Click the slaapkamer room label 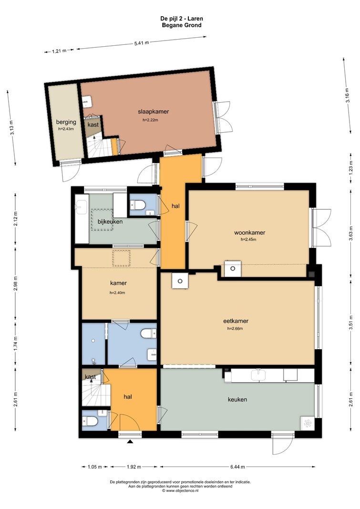[154, 112]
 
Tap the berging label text [66, 122]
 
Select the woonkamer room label [250, 232]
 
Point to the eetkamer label [236, 321]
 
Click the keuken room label [237, 400]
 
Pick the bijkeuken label [110, 222]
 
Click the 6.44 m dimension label [237, 467]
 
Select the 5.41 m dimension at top [142, 43]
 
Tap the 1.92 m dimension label [134, 467]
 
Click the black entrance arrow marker [130, 441]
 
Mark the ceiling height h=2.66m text [235, 329]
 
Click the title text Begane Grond [182, 25]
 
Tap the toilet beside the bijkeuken [138, 205]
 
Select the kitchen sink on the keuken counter [259, 375]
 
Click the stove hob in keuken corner [308, 423]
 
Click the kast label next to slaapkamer [93, 125]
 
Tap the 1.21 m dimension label [59, 51]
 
